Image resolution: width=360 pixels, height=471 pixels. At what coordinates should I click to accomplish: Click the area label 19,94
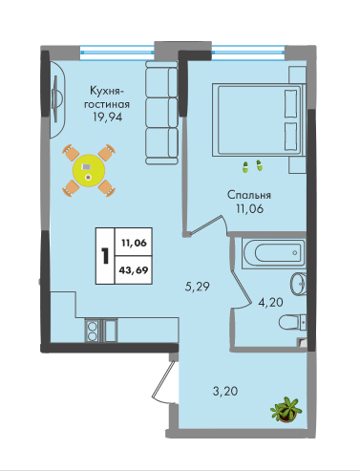pos(107,118)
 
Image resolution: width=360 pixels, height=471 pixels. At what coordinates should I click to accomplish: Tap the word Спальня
pos(249,195)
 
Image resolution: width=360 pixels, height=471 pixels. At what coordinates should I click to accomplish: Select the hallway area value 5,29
pos(198,287)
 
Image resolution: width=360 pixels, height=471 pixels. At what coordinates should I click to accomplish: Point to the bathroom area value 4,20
pos(270,302)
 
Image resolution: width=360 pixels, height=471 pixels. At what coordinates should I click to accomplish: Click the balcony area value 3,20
pos(225,391)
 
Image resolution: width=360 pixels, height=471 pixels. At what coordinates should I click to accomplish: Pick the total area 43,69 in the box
pos(134,270)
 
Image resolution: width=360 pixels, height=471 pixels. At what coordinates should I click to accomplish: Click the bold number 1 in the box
pos(105,256)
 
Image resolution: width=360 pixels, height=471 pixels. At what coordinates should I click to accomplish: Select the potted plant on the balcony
pos(286,410)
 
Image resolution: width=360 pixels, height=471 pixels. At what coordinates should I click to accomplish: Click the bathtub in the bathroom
pos(273,253)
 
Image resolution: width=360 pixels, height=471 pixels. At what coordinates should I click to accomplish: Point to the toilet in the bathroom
pos(292,322)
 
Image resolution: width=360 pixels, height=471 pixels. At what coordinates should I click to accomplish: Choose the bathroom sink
pos(298,283)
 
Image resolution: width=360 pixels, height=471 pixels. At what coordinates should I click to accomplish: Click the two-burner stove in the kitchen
pos(93,331)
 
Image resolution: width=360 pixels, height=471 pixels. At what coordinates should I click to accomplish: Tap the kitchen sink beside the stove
pos(110,331)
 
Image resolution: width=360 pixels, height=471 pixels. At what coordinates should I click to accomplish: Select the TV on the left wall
pos(56,98)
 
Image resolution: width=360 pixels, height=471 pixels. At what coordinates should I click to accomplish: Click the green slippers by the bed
pos(252,167)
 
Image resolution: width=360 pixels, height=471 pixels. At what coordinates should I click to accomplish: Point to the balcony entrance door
pos(164,381)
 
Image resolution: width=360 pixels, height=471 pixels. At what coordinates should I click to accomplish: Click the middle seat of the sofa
pos(161,113)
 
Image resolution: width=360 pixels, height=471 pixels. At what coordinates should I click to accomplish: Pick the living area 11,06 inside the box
pos(134,243)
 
